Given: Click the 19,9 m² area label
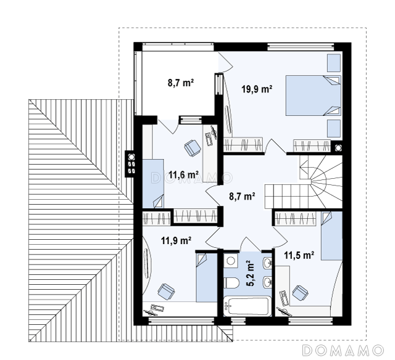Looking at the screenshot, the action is click(x=257, y=89).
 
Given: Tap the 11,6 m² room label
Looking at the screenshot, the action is click(x=183, y=174).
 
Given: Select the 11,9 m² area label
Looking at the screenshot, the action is click(x=176, y=240).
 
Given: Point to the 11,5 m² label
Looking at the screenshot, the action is click(x=299, y=255).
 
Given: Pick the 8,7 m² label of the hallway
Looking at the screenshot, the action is click(x=242, y=196).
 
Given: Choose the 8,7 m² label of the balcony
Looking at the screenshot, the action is click(x=181, y=83).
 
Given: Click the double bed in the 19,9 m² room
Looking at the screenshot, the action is click(x=313, y=96).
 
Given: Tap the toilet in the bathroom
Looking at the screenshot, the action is click(x=231, y=283).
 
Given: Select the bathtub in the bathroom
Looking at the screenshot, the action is click(x=247, y=306).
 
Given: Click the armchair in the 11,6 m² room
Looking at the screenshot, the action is click(x=193, y=148).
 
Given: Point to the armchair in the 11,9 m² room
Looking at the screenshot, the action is click(x=166, y=292).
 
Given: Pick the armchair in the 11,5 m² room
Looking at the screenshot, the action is click(x=301, y=293).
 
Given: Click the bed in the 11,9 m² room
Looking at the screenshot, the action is click(x=207, y=277).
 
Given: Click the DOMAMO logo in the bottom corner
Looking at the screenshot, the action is click(x=343, y=350).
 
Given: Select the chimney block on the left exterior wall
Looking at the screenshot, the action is click(x=130, y=164).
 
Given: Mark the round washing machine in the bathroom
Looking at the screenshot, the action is click(x=231, y=260).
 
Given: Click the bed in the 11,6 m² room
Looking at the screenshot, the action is click(x=153, y=184).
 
